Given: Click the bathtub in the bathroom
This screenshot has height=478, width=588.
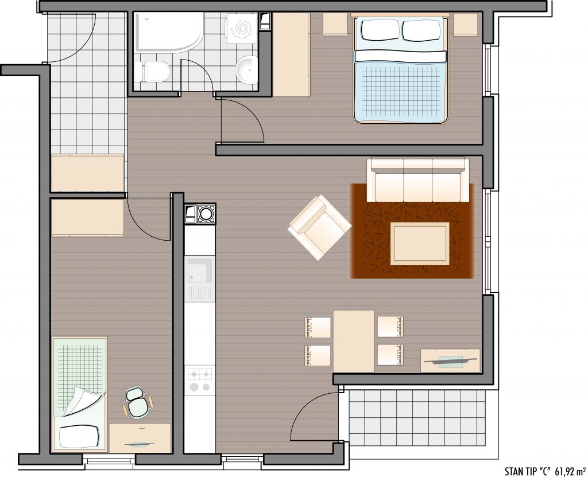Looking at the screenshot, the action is [169, 32].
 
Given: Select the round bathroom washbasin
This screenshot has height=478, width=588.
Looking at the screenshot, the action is [246, 70].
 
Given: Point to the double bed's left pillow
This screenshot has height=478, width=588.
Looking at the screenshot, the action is [379, 30].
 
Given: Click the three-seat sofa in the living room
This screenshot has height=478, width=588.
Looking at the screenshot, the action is [418, 181].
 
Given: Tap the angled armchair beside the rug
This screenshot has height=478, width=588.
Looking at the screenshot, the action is [319, 227].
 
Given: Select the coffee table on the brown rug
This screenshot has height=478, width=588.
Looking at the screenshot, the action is [420, 244].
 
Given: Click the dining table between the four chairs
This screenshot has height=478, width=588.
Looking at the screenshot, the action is [354, 341].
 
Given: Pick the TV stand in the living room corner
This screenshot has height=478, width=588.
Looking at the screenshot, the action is [450, 361].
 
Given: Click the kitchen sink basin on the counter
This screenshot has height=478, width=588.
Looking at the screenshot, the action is [200, 271].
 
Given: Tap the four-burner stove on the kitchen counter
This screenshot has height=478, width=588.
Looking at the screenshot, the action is [200, 380].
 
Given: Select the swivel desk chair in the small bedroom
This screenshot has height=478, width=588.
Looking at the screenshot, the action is [137, 402].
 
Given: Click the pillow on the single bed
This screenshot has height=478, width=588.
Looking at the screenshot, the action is [79, 437].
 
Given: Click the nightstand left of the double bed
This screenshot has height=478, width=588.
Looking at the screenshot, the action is [335, 24].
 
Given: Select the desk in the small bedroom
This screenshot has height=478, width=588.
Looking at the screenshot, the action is [140, 438].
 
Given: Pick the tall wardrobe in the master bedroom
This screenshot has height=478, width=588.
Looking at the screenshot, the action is [291, 55].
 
